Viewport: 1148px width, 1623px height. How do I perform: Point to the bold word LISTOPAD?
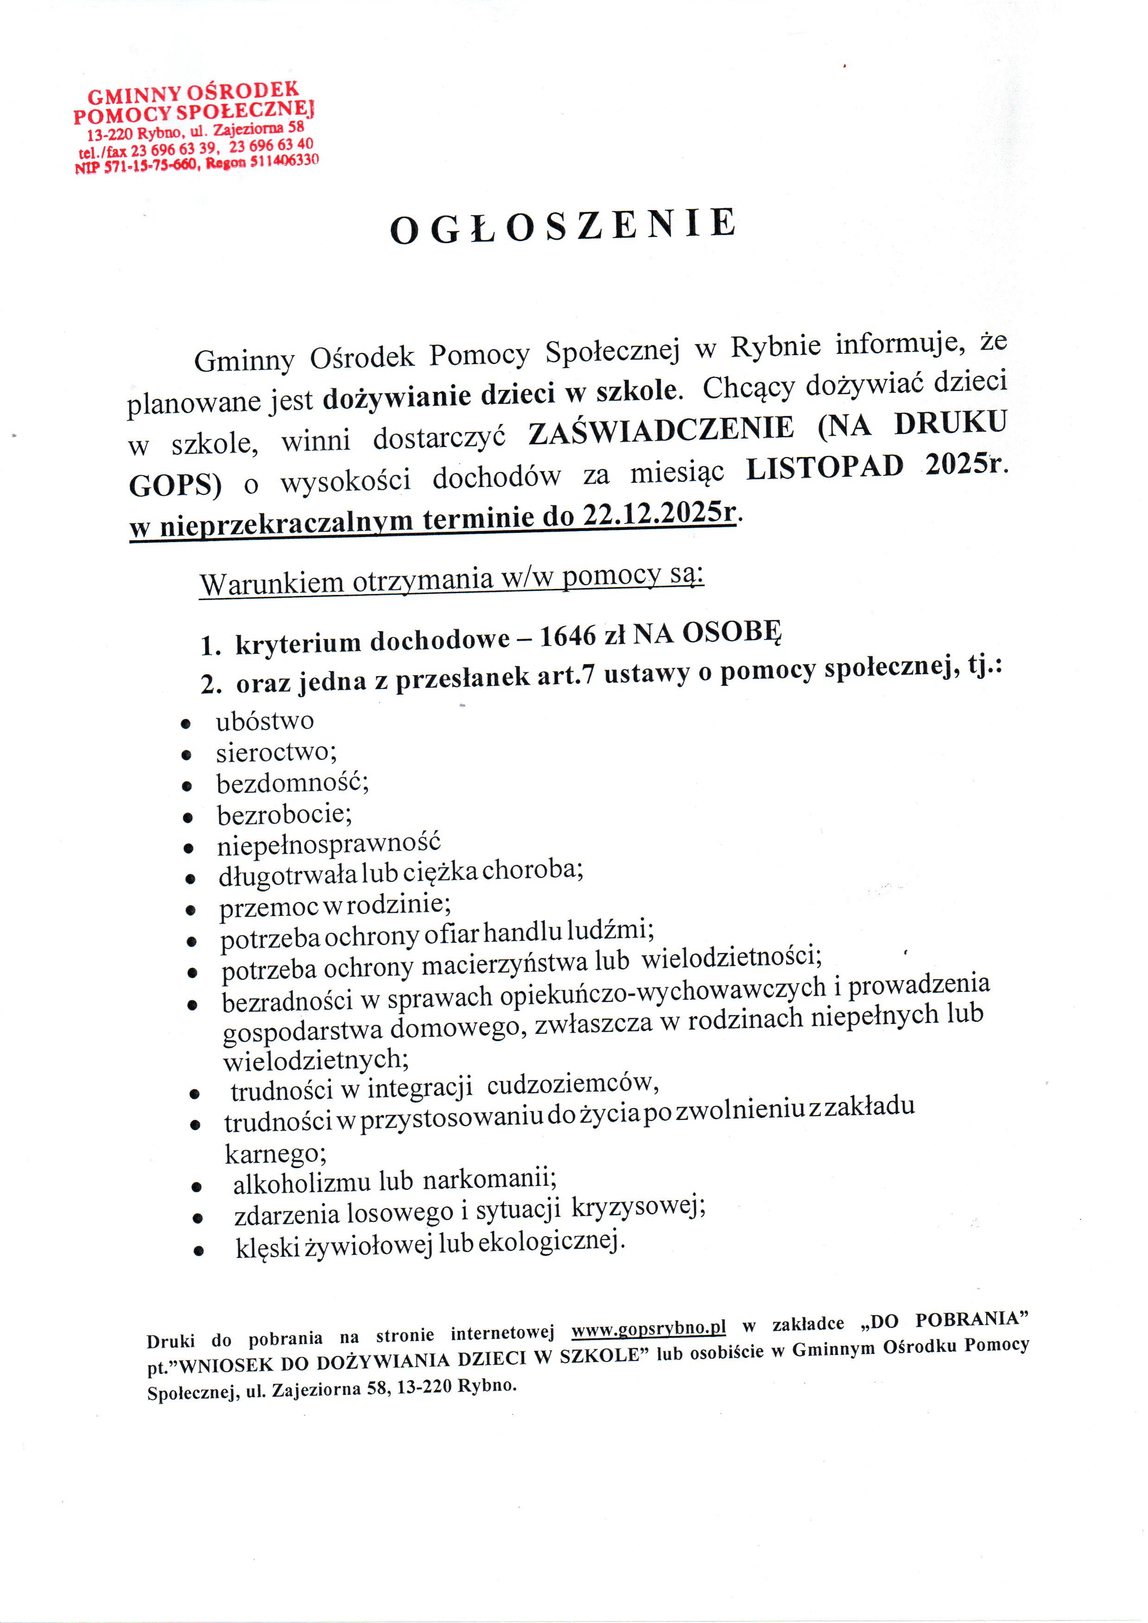click(x=824, y=467)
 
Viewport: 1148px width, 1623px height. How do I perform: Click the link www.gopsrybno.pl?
click(x=648, y=1328)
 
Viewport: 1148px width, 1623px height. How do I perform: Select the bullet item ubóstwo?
click(x=264, y=722)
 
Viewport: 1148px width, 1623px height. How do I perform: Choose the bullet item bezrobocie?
click(x=284, y=815)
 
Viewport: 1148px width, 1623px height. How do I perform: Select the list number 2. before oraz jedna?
click(x=211, y=684)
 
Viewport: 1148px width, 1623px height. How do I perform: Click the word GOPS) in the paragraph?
click(x=175, y=485)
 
